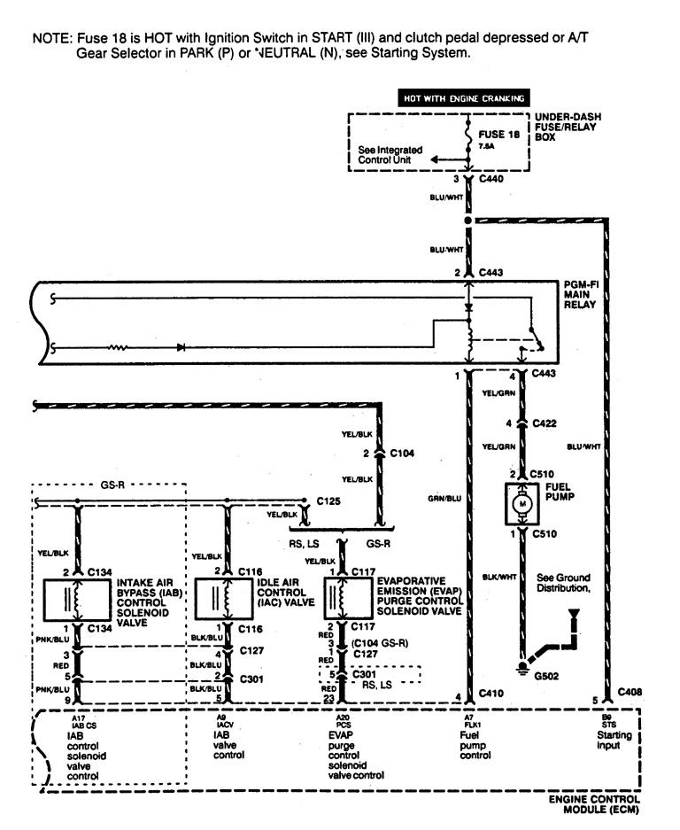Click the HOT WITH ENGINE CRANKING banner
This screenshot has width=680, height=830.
[464, 98]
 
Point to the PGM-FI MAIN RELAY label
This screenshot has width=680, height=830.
[582, 294]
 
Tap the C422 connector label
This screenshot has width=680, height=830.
[545, 424]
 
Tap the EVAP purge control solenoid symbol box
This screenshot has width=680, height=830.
[346, 599]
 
